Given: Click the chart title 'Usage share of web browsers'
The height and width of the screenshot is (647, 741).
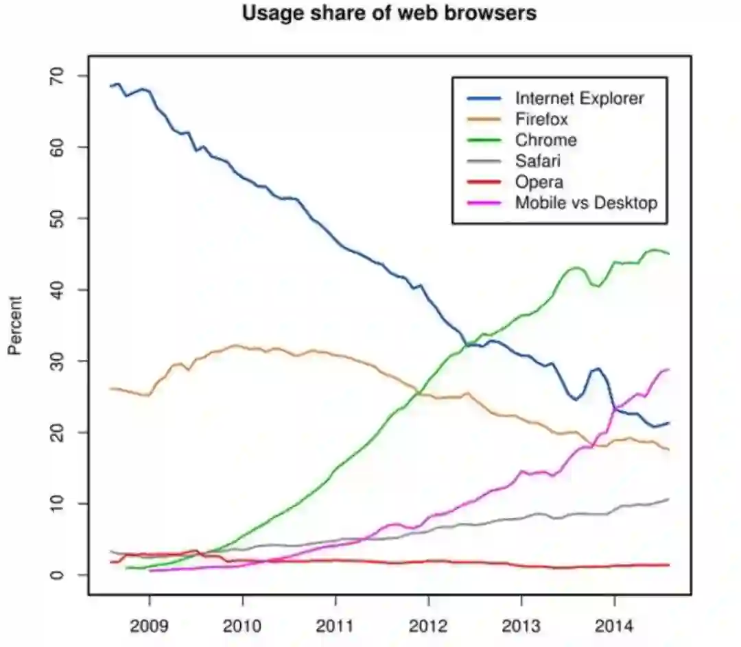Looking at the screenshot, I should pos(389,13).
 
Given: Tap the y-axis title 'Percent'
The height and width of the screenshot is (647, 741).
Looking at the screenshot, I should pos(15,326).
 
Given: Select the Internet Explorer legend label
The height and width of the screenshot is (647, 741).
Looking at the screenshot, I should pos(579,99).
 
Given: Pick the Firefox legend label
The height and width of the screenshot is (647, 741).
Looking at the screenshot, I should pos(541,119).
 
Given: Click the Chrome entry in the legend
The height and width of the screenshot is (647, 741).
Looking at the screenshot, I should pos(545,141).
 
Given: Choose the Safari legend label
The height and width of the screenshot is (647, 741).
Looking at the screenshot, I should pos(539,162).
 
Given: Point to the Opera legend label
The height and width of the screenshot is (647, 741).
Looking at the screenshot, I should pos(539,182).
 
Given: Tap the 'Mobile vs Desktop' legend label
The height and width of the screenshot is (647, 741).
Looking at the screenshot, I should pos(586,203).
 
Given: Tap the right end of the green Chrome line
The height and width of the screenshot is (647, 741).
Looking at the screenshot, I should pos(669,254).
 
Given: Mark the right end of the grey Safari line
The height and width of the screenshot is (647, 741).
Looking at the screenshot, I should pos(669,499).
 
